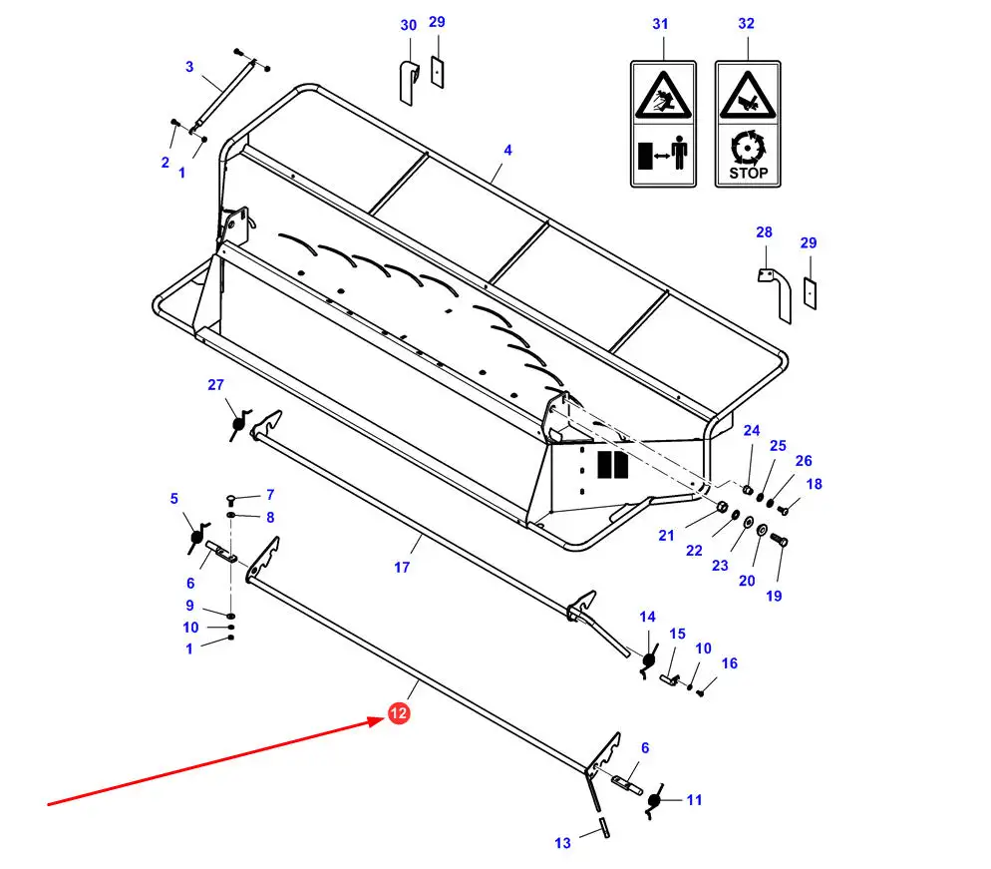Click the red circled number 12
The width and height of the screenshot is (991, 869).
[399, 713]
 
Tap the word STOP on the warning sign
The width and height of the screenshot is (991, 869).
[749, 174]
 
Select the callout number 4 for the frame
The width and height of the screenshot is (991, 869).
[507, 151]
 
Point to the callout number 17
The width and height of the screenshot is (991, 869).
[402, 568]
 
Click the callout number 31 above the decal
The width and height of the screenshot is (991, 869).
[660, 24]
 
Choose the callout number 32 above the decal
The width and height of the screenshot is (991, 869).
[747, 23]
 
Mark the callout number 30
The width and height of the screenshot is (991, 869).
[409, 25]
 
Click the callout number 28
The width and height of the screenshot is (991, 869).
[764, 232]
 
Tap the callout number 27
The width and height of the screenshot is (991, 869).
[215, 384]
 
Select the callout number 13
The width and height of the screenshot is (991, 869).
[562, 843]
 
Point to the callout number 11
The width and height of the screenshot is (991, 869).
[695, 800]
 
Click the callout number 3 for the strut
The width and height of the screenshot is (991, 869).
[189, 67]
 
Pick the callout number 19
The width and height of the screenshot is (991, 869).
[774, 596]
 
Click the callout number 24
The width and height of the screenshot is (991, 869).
[752, 431]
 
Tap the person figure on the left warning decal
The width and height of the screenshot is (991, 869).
[679, 152]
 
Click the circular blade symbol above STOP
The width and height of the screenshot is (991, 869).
[749, 148]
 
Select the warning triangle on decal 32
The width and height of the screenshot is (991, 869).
[748, 95]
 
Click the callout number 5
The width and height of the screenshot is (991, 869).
[173, 499]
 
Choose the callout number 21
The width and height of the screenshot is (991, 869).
[666, 536]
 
